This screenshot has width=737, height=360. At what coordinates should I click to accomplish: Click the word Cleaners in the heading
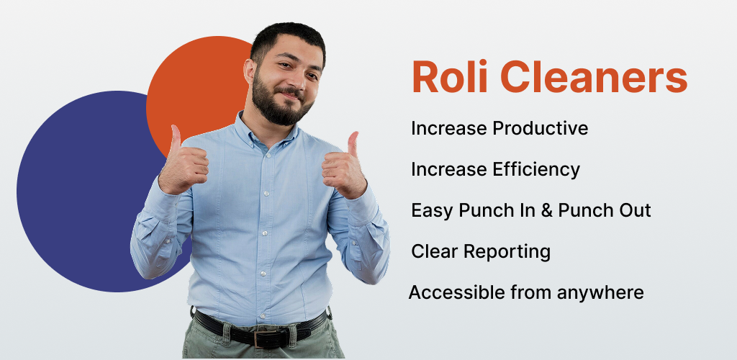[594, 77]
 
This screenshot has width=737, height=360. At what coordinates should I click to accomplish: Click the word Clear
[435, 252]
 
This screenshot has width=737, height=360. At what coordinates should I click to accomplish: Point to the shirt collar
[266, 130]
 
